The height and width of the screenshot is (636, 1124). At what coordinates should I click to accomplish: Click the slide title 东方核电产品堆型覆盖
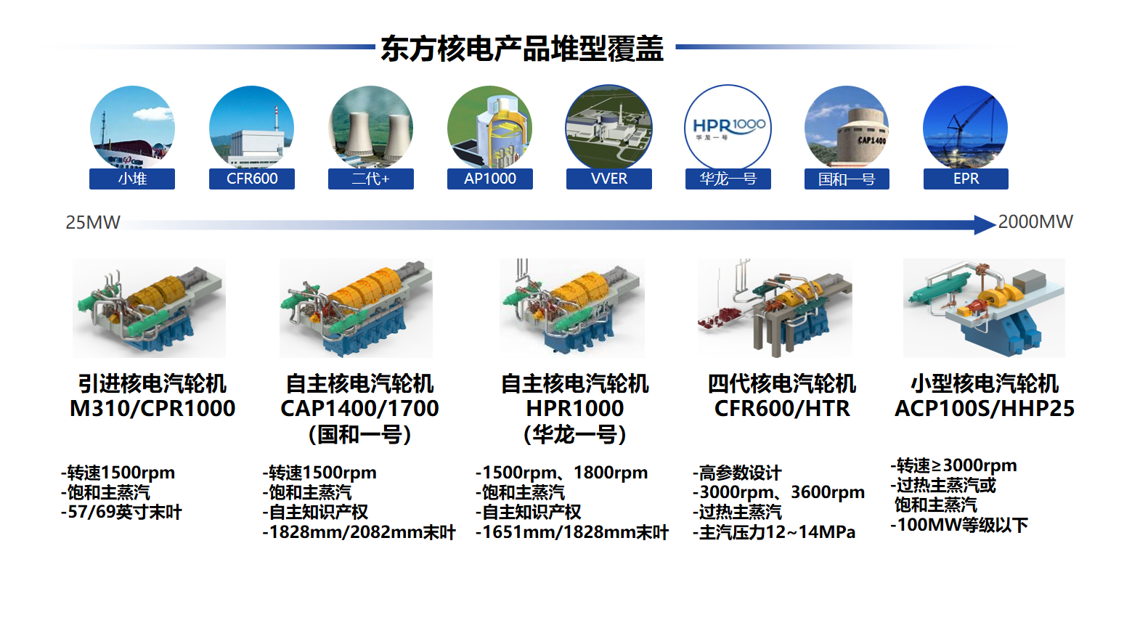point(522,48)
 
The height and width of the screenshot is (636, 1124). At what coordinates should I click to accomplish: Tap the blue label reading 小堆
point(132,179)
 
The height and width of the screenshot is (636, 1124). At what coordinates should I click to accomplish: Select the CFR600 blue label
point(252,179)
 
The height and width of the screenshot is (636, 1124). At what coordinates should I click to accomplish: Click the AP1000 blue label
point(489,179)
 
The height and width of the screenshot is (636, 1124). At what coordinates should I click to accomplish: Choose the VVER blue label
point(609,179)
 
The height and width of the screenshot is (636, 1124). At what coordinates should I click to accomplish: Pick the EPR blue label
point(966,179)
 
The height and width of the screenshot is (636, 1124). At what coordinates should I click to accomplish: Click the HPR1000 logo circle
point(728,127)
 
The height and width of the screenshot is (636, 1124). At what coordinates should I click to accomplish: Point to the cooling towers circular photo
point(371,127)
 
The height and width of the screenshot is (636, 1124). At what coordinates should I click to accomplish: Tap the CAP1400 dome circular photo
point(847,127)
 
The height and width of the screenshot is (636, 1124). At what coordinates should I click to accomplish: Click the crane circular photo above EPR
point(966,127)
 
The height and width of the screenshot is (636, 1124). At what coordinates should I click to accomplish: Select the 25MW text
point(93,222)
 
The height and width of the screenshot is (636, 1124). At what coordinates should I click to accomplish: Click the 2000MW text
point(1035,221)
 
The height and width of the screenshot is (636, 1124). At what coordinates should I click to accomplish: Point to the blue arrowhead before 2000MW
point(985,224)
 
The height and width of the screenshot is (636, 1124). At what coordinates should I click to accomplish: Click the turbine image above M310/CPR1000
point(149,308)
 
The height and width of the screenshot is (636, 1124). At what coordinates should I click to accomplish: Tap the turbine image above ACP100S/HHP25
point(984,308)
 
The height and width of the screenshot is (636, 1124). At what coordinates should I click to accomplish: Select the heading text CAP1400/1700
point(359,408)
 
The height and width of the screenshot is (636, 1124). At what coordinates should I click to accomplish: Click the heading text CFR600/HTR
point(782,408)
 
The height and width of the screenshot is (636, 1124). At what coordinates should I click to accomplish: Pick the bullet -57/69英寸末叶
point(121,512)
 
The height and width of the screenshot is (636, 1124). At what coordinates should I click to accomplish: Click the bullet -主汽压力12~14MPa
point(774,531)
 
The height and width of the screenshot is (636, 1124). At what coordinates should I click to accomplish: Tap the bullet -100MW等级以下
point(959,525)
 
